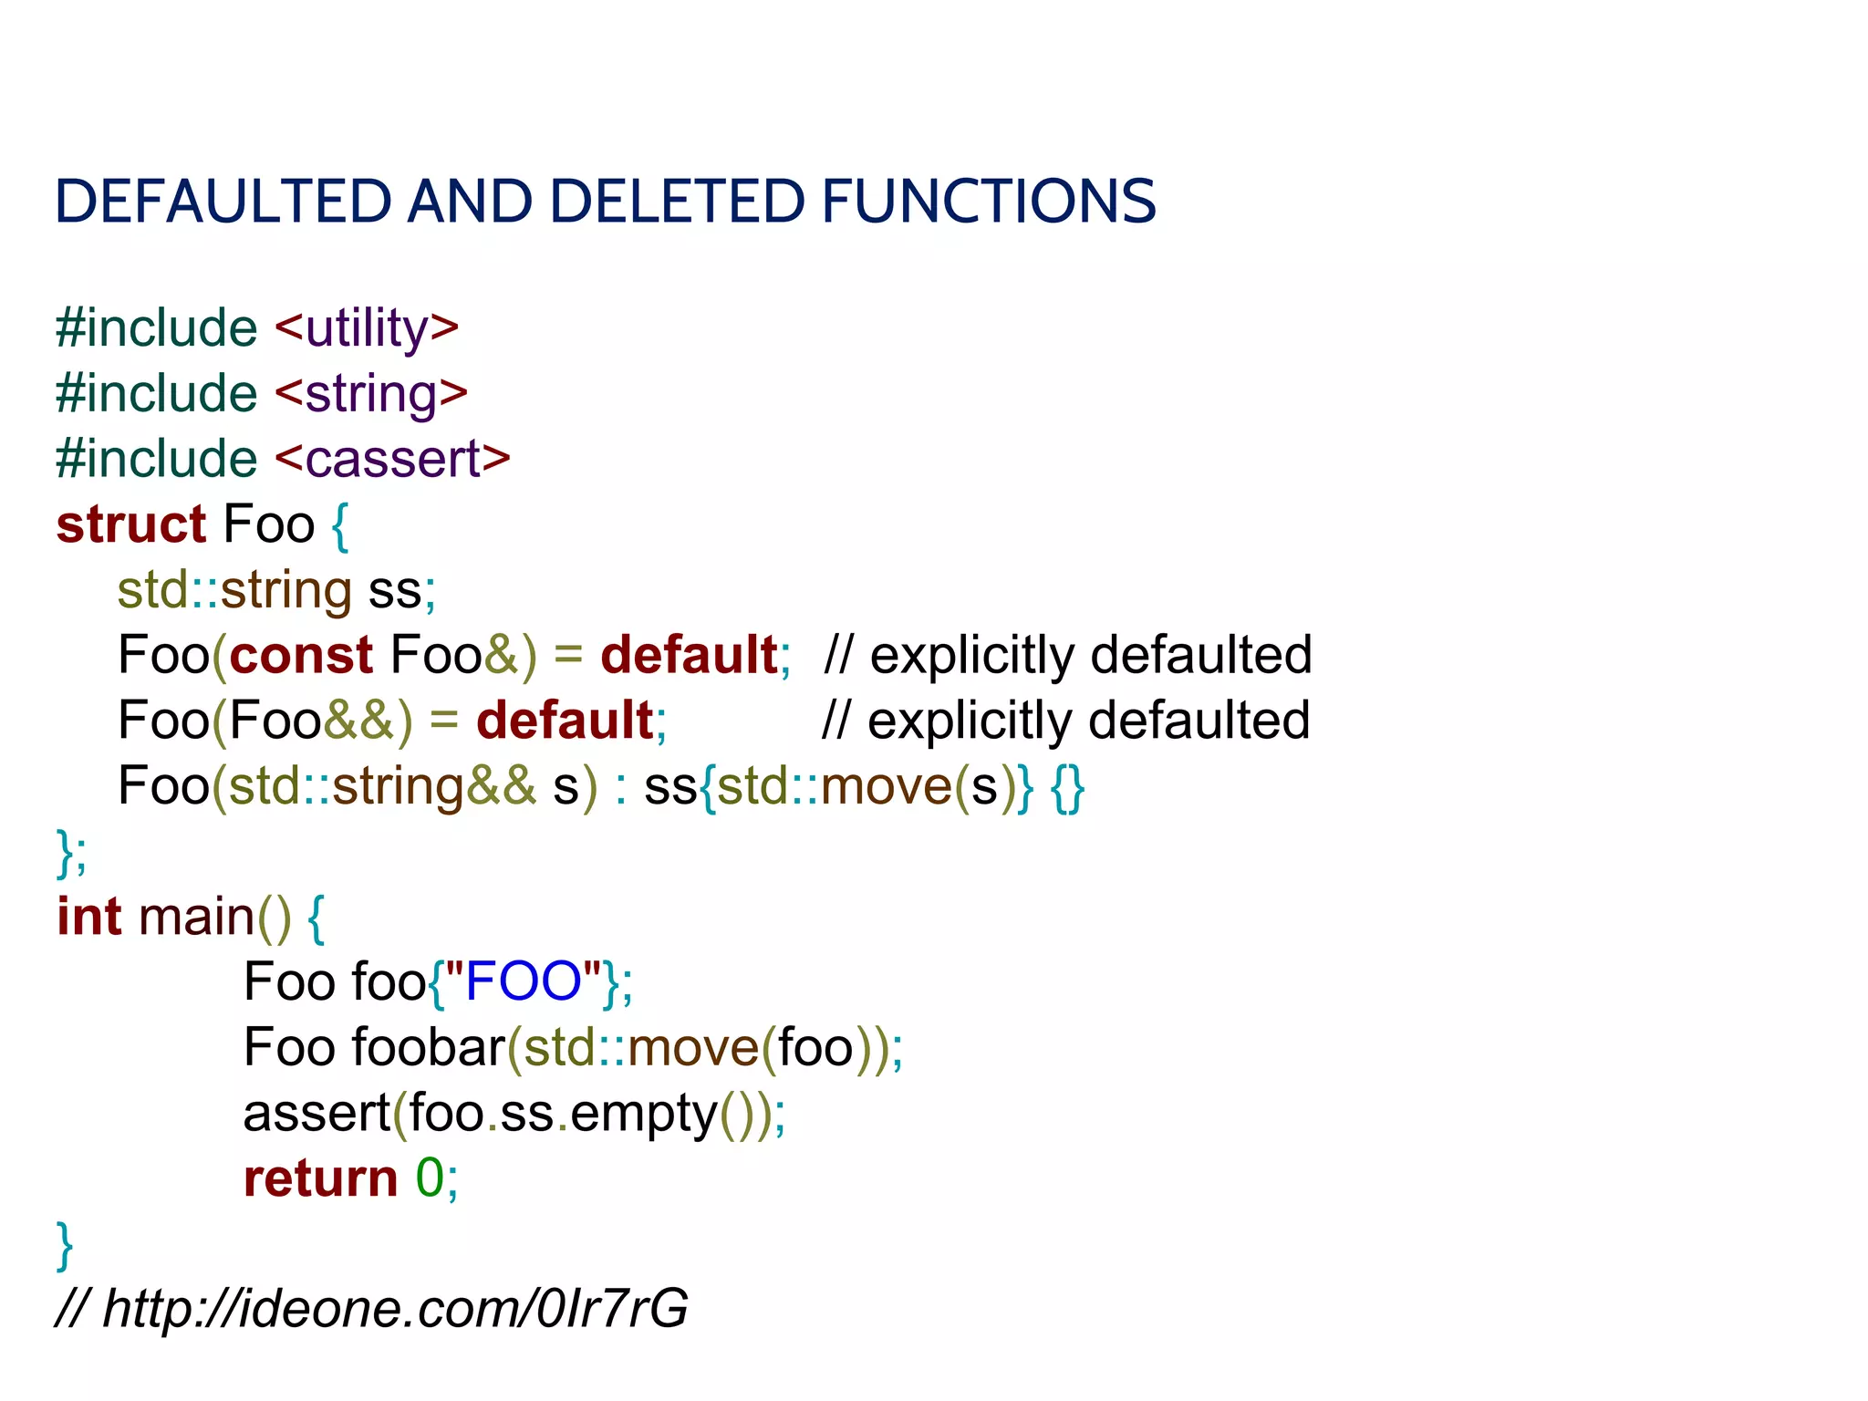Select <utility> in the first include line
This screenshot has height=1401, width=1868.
click(x=366, y=328)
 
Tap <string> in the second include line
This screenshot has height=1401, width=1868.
click(x=370, y=394)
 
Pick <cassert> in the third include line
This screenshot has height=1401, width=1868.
click(x=391, y=459)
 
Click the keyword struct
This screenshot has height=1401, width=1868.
click(x=131, y=524)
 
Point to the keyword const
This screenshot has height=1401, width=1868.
click(x=301, y=655)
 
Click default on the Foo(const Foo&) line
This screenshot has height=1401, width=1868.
click(x=689, y=655)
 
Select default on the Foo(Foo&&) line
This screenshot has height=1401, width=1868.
click(x=565, y=721)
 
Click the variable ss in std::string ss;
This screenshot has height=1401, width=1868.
click(x=394, y=590)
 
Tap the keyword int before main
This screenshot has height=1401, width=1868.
click(x=88, y=917)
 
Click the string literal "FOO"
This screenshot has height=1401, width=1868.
click(x=523, y=982)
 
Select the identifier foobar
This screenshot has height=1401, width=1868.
click(x=428, y=1047)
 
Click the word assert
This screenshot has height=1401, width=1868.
click(x=317, y=1113)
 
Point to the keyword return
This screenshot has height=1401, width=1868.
click(x=320, y=1178)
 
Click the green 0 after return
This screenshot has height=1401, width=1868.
click(x=430, y=1178)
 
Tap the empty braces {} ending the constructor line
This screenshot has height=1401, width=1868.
click(x=1066, y=786)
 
